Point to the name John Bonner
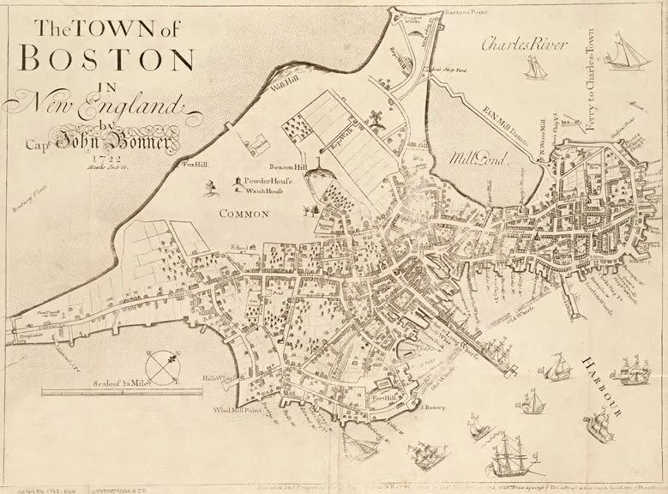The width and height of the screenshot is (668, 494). (x=129, y=137)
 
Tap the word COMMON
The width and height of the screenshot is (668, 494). (x=244, y=212)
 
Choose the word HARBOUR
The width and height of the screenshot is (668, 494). (x=612, y=385)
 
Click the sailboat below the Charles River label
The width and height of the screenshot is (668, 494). (x=535, y=66)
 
